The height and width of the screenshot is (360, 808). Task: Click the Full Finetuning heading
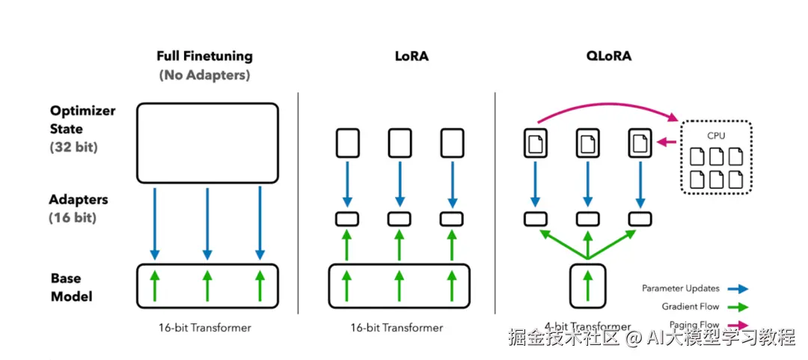pos(204,56)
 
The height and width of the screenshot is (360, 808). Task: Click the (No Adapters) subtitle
pos(204,76)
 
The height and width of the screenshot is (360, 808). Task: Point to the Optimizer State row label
pos(82,120)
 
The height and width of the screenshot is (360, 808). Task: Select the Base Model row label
pos(72,287)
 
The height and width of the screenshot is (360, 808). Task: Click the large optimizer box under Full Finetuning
pos(207,144)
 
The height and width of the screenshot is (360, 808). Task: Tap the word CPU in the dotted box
pos(717,136)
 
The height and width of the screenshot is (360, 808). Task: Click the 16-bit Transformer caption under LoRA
pos(397,328)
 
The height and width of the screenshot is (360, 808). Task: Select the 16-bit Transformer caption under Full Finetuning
pos(205,328)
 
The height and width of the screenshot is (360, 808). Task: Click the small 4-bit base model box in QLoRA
pos(588,286)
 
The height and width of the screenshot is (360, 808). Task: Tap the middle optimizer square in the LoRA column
pos(400,143)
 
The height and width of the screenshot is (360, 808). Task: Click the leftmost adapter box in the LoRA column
pos(347,219)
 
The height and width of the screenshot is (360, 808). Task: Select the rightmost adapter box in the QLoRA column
pos(640,219)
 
